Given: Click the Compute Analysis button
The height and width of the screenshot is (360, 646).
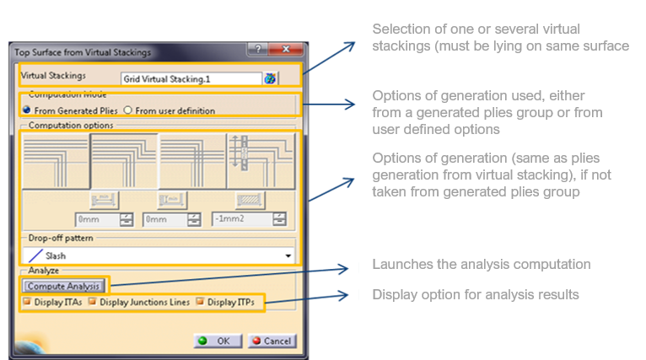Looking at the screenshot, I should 63,286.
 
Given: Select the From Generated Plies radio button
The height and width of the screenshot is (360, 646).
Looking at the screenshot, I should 27,110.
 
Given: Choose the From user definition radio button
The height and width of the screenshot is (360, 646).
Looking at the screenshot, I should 128,110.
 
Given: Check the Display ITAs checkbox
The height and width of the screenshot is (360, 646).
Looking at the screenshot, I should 27,302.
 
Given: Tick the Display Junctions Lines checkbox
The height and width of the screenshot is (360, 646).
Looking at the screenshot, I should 93,302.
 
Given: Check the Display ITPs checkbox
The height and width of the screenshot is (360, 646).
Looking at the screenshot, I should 201,302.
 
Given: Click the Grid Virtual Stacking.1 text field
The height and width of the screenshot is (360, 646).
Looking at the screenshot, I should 190,78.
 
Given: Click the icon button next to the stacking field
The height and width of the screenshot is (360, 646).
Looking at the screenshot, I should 270,78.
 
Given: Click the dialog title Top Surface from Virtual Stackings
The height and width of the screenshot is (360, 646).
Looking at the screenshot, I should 83,52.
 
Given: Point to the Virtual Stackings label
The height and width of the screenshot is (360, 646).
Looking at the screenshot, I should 52,75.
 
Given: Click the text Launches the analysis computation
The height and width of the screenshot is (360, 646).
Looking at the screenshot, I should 481,265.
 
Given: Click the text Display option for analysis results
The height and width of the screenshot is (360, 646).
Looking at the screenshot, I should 475,294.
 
